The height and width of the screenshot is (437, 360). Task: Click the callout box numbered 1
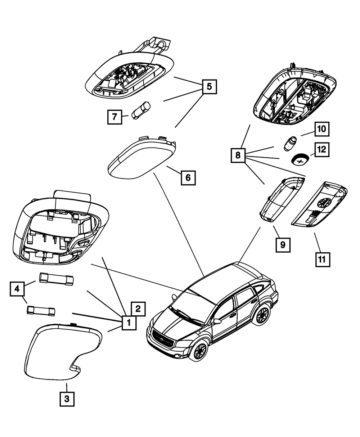(x=129, y=323)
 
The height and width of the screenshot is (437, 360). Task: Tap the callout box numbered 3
(x=67, y=399)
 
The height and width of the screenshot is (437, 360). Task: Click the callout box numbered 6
(x=188, y=177)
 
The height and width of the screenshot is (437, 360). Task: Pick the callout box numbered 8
(x=238, y=156)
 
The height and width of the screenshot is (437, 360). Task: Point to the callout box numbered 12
(x=322, y=149)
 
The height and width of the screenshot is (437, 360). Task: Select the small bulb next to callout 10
(x=291, y=143)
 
